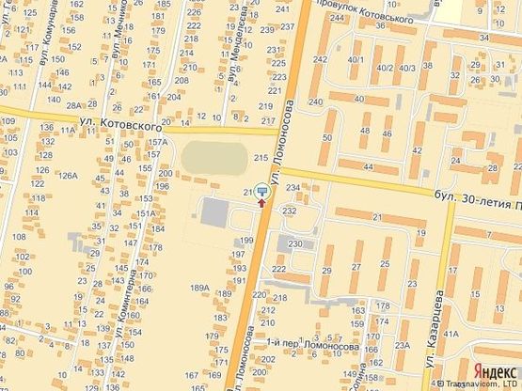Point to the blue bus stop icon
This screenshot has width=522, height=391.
coord(261,189)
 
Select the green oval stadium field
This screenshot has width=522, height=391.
coord(213,158)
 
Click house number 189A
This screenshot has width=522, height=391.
coord(198,288)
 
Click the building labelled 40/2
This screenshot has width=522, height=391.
coord(383,68)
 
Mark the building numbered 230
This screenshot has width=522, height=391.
coord(295,244)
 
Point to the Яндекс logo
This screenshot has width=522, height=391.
coord(493,369)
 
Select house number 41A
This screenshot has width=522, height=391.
coord(451,334)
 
